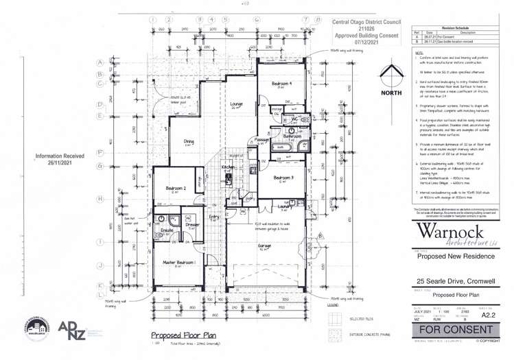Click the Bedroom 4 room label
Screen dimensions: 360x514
[280, 84]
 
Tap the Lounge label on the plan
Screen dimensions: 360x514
[236, 104]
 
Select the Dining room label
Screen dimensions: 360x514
[189, 143]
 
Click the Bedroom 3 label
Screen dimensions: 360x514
[283, 178]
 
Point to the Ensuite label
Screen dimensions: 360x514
[167, 230]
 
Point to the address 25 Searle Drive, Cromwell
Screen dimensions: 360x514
[446, 280]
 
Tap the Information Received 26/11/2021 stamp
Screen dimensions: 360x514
[62, 160]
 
